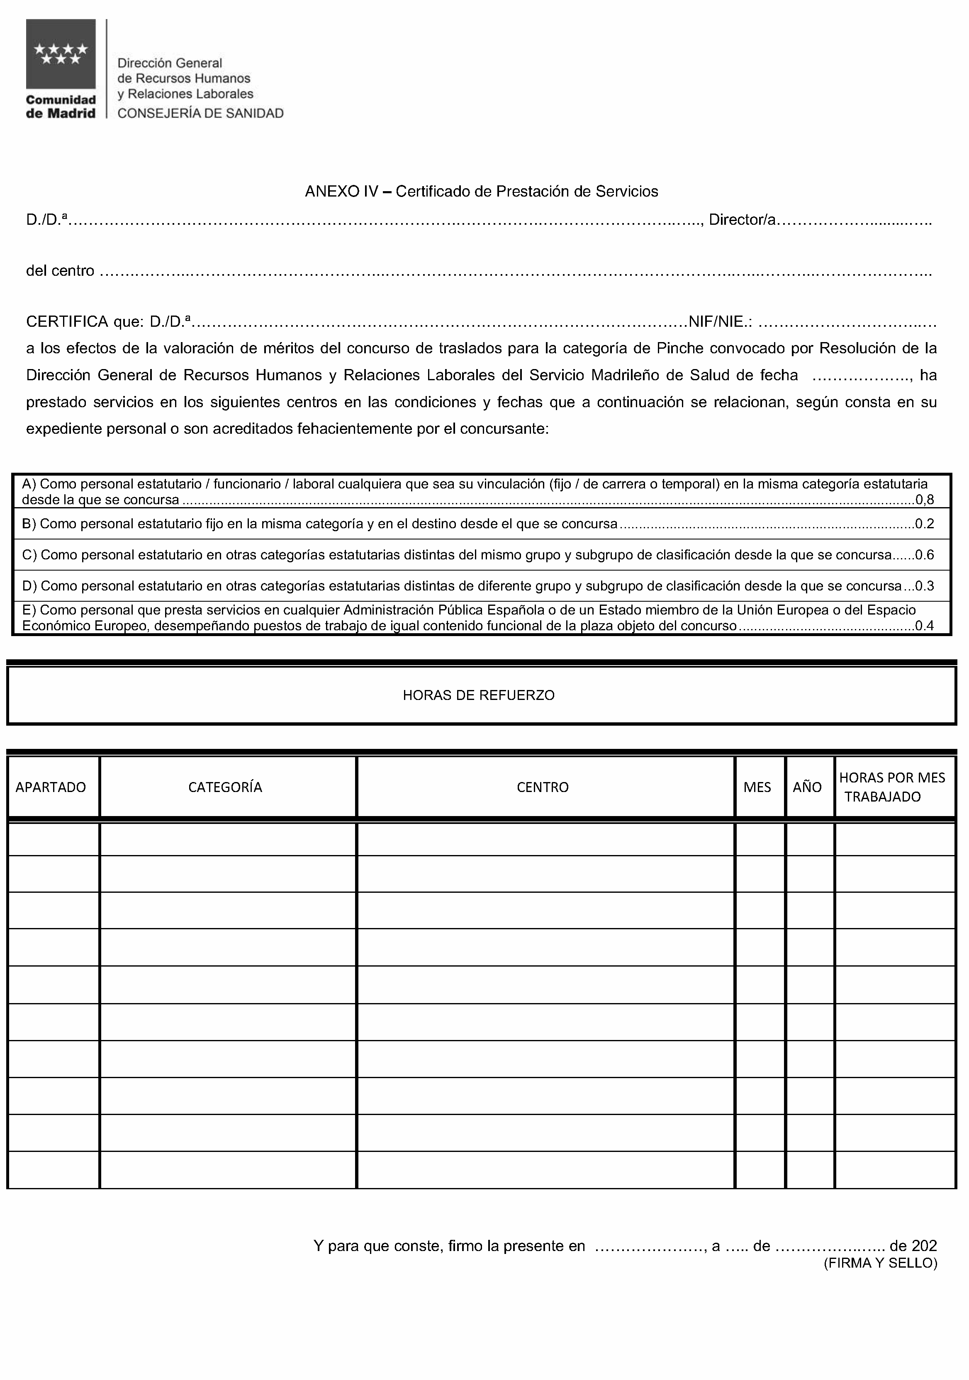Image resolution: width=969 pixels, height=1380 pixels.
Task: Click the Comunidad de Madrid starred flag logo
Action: coord(60,54)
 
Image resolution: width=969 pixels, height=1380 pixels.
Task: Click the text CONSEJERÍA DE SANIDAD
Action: coord(200,114)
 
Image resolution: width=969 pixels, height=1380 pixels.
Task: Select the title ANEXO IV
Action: coord(341,192)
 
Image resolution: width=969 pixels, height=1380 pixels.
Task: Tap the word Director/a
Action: coord(743,220)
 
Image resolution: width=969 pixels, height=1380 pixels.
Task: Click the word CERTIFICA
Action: coord(67,322)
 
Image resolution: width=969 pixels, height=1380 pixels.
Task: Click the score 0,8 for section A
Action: coord(925,500)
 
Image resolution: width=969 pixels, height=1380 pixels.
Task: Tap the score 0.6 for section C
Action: coord(925,555)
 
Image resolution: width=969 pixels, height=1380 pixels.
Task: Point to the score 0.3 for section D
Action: coord(925,586)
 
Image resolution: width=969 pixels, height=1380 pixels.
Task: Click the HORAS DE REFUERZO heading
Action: coord(479,695)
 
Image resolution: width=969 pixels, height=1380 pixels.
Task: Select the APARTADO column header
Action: coord(51,787)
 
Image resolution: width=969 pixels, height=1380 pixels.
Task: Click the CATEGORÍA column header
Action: coord(225,787)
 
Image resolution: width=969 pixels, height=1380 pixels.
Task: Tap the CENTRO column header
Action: coord(543,787)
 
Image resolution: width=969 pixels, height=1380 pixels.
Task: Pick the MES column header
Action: coord(757,787)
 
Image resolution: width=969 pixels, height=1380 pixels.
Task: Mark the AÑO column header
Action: coord(807,787)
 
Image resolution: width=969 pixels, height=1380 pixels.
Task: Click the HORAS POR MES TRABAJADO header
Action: coord(892,787)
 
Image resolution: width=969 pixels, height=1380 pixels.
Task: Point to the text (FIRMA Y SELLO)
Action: coord(880,1263)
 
